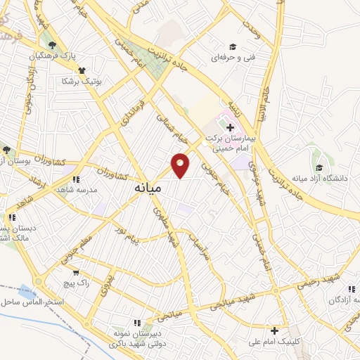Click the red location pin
pyautogui.click(x=181, y=164)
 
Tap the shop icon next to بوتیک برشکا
pyautogui.click(x=82, y=70)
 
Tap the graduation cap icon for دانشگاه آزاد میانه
pyautogui.click(x=320, y=167)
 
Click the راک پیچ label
pyautogui.click(x=76, y=282)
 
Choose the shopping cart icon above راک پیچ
pyautogui.click(x=76, y=272)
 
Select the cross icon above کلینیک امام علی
pyautogui.click(x=275, y=330)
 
